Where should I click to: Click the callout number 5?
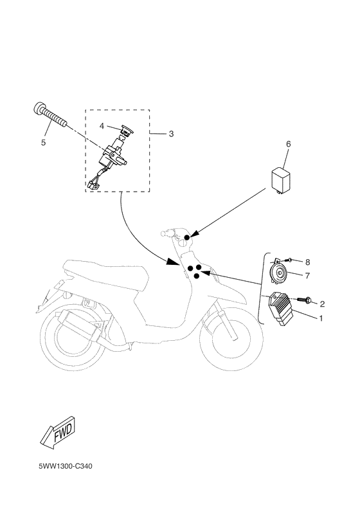44,143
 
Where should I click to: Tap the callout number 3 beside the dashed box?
171,134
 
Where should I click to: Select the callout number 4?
102,125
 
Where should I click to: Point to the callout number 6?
288,144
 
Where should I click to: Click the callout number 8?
307,262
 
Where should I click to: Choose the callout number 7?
307,276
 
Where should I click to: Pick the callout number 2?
322,304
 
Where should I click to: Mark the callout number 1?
321,318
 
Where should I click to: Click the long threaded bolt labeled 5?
50,115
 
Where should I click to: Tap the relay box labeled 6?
281,180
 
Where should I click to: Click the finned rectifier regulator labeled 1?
280,308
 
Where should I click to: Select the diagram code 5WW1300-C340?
66,467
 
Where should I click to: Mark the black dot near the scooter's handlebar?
186,238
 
